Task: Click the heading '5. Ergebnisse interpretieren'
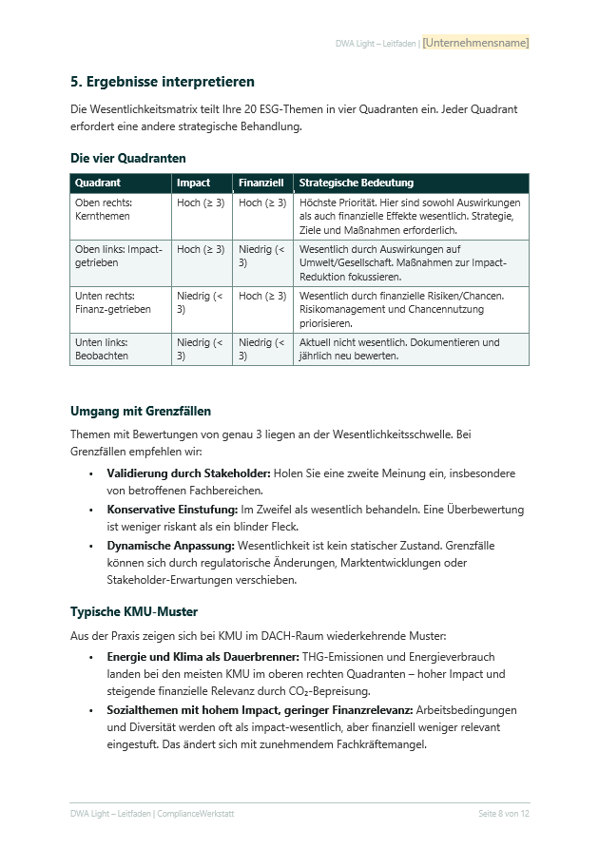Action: click(163, 82)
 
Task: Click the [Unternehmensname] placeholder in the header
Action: click(475, 43)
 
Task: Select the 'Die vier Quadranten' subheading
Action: click(128, 158)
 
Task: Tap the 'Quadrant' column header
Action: click(98, 183)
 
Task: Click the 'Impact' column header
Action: click(194, 183)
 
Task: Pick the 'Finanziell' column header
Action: click(261, 183)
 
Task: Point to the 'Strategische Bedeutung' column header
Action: click(357, 183)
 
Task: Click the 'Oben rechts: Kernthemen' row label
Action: click(104, 209)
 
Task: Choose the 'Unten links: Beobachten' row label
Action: click(102, 349)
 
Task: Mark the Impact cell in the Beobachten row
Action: click(201, 349)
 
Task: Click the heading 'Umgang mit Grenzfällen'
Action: click(141, 412)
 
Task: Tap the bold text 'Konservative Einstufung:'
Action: click(172, 510)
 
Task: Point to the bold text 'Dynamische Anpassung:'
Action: click(170, 546)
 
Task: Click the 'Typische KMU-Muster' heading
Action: click(134, 611)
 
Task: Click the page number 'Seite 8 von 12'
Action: click(504, 814)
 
